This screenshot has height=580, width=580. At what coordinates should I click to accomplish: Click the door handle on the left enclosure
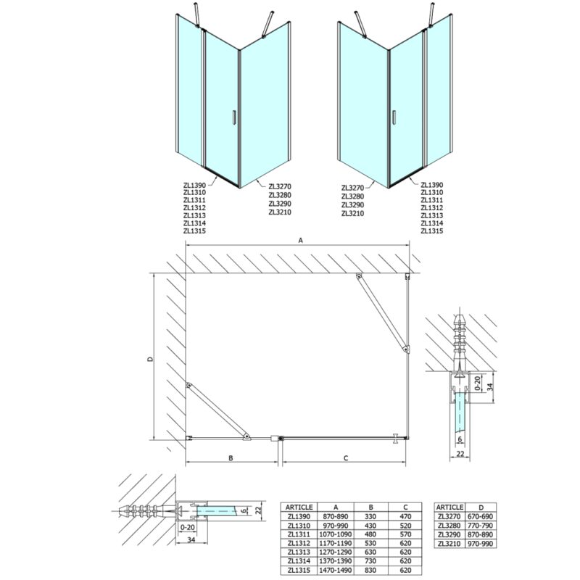pos(233,117)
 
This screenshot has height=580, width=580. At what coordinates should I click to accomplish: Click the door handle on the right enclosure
pos(394,117)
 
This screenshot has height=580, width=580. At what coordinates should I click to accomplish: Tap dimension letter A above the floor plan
pos(301,241)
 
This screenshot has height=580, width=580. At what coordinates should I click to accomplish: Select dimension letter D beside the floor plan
pos(150,359)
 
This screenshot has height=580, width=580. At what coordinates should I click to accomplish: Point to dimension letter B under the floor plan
pos(231,458)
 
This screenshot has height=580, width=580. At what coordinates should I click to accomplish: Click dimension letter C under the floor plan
pos(346,458)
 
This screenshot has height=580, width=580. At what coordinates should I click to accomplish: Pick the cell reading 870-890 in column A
pos(336,516)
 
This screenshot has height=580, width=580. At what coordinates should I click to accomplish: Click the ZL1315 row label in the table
pos(299,570)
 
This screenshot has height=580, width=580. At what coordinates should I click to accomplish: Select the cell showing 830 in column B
pos(370,570)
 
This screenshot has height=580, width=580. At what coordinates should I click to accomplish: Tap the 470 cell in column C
pos(405,516)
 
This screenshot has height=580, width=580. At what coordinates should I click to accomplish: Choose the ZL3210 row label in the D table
pos(449,543)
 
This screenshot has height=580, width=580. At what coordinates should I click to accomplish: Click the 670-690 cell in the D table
pos(481,516)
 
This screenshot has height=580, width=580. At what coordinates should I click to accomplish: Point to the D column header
pos(481,507)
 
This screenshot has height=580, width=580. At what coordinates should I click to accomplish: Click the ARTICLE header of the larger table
pos(299,507)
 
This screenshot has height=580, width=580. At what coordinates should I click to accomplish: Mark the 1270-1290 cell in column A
pos(336,552)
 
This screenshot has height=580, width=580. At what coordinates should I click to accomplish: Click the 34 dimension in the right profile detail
pos(490,387)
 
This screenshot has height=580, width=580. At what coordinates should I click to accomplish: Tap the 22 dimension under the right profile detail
pos(460,454)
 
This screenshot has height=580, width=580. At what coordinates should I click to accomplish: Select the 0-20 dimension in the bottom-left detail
pos(186,527)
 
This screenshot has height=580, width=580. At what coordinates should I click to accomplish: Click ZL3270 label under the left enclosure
pos(280,187)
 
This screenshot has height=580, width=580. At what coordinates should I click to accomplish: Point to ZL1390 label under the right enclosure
pos(431,185)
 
